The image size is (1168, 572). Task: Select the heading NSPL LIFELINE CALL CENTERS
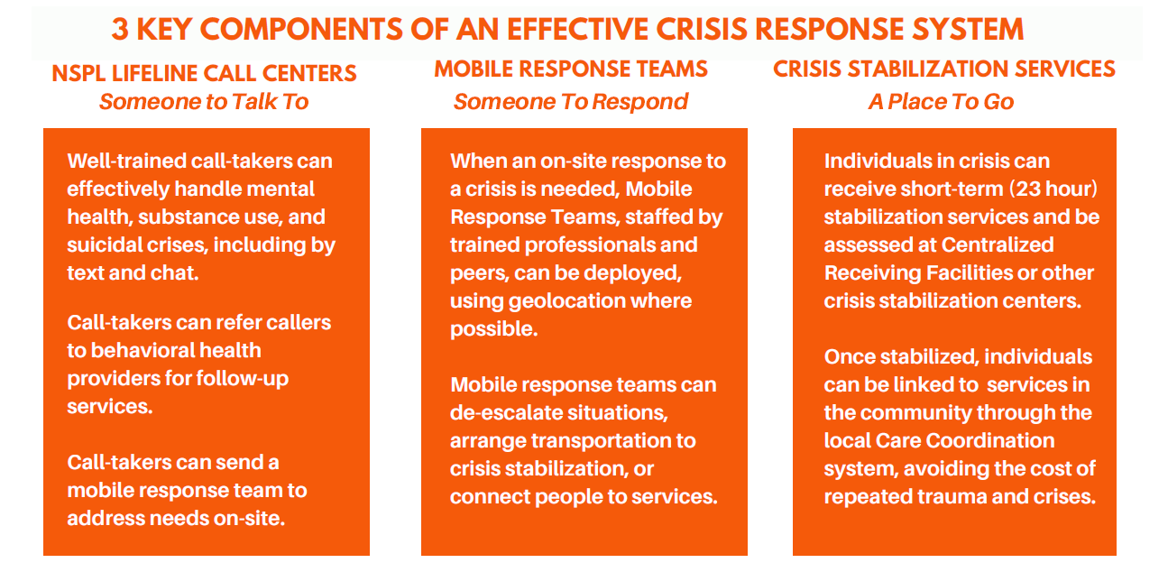[205, 73]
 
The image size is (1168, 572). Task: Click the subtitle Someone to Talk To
[204, 102]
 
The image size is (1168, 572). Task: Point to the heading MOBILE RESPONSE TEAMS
[571, 69]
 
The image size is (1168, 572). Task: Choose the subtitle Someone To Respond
[571, 102]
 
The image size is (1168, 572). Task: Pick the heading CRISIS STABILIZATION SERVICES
[944, 69]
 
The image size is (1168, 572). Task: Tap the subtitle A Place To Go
[941, 102]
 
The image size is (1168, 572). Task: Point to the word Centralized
[998, 244]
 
